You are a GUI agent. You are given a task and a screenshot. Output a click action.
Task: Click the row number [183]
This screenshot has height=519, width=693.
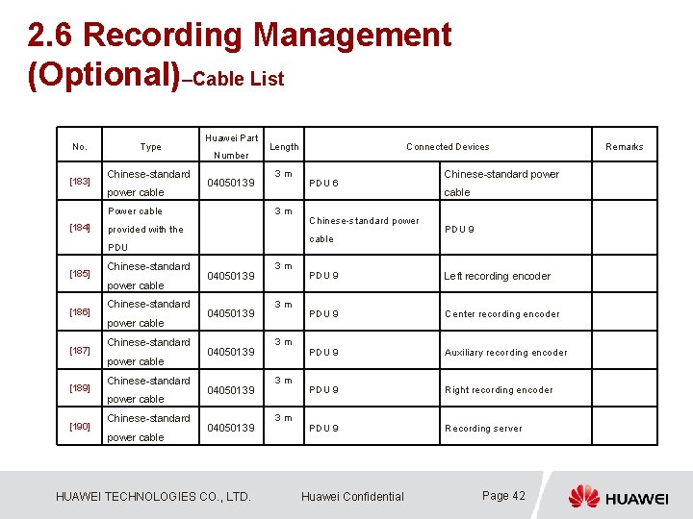point(80,182)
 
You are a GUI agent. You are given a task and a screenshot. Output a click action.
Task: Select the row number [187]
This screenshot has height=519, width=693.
point(80,351)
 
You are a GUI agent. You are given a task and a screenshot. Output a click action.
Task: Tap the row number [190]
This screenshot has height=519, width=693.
point(80,427)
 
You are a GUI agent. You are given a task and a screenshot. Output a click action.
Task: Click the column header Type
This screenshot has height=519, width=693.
point(150,147)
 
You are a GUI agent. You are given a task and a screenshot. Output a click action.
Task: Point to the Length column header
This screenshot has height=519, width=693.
point(284,147)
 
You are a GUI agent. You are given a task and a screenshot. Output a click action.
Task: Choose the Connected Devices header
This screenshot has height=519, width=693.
point(448,147)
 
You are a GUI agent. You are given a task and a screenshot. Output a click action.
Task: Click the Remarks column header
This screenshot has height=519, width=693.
point(624,147)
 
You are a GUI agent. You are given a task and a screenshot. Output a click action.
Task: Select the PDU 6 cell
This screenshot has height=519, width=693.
point(322,184)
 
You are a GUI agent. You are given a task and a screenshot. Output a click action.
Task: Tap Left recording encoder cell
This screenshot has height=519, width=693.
point(497,276)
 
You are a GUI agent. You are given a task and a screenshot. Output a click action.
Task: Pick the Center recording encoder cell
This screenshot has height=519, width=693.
point(501,314)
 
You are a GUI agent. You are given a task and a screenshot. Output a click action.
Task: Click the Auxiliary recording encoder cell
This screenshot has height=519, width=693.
point(505,353)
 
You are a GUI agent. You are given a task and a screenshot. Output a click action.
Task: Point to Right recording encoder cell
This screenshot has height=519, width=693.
point(499,390)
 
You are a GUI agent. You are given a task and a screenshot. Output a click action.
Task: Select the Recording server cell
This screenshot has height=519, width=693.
point(483,429)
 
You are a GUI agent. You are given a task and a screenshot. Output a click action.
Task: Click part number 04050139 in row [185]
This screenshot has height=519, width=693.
point(232,276)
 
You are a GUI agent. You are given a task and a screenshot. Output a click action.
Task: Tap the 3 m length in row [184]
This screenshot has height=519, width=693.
point(282,211)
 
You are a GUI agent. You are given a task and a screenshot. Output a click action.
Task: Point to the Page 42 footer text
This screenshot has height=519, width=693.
point(503,496)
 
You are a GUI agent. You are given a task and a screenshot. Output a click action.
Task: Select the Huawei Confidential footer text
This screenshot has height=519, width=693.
point(352,497)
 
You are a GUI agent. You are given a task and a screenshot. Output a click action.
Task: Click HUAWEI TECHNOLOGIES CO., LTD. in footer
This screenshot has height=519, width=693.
point(153,497)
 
